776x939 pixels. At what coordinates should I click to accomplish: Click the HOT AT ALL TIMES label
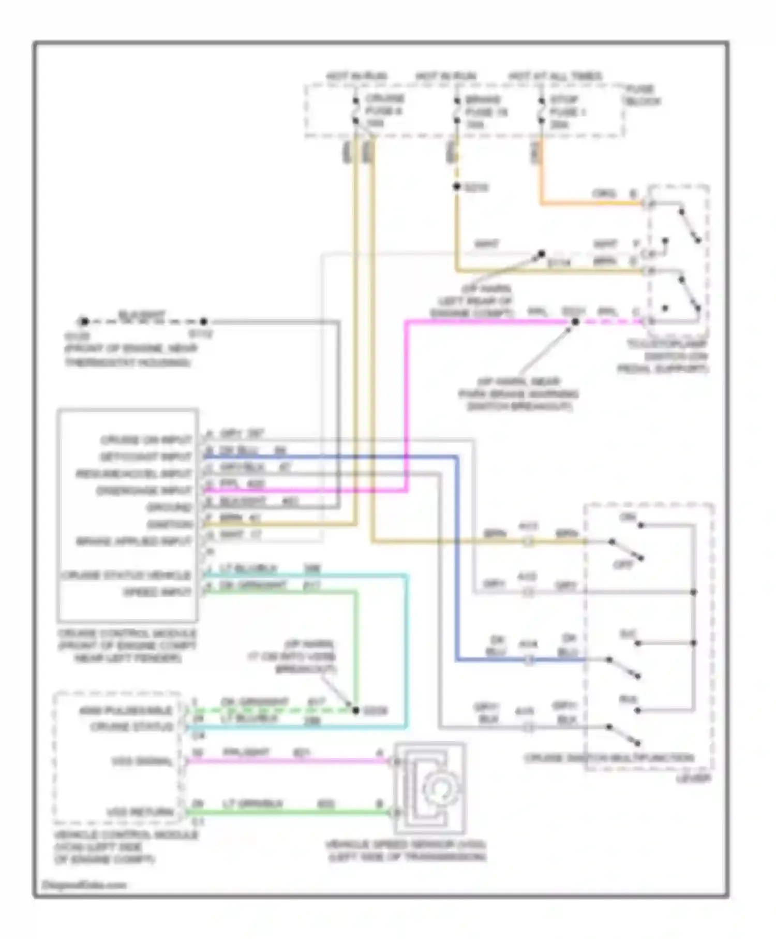pos(555,77)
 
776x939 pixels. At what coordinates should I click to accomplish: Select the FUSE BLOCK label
pos(642,95)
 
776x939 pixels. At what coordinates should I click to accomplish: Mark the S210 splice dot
pos(456,187)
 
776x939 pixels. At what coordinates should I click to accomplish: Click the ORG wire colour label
pos(604,194)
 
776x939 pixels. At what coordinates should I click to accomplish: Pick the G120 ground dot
pos(84,322)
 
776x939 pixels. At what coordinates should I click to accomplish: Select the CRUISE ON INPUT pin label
pos(146,441)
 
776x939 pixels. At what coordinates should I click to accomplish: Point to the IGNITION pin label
pos(169,524)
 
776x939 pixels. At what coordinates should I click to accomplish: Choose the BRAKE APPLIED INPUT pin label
pos(134,541)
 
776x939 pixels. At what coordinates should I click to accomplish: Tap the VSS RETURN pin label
pos(140,812)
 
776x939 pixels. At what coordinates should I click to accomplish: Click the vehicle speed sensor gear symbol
pos(438,787)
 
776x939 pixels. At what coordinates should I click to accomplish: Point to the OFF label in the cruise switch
pos(623,565)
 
